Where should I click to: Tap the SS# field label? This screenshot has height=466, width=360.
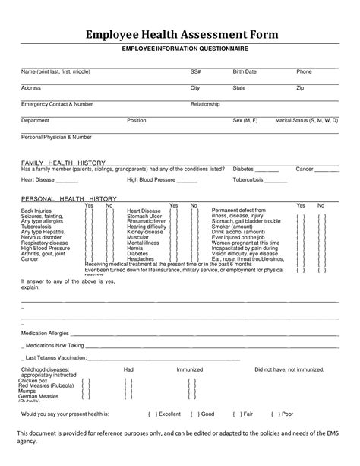coord(195,71)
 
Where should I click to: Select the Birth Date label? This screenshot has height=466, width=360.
coord(245,71)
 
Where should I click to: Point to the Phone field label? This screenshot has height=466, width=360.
coord(304,71)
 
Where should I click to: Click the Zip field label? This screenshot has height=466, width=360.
coord(300,88)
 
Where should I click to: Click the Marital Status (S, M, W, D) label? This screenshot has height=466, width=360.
coord(307,120)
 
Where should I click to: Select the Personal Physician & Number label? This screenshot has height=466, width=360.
coord(56,137)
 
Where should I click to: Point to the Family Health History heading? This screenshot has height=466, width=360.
coord(63,163)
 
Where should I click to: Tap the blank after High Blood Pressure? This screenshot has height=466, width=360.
coord(187,180)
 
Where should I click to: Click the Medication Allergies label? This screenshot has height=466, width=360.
coord(45,333)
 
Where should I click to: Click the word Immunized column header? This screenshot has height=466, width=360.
coord(189,369)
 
